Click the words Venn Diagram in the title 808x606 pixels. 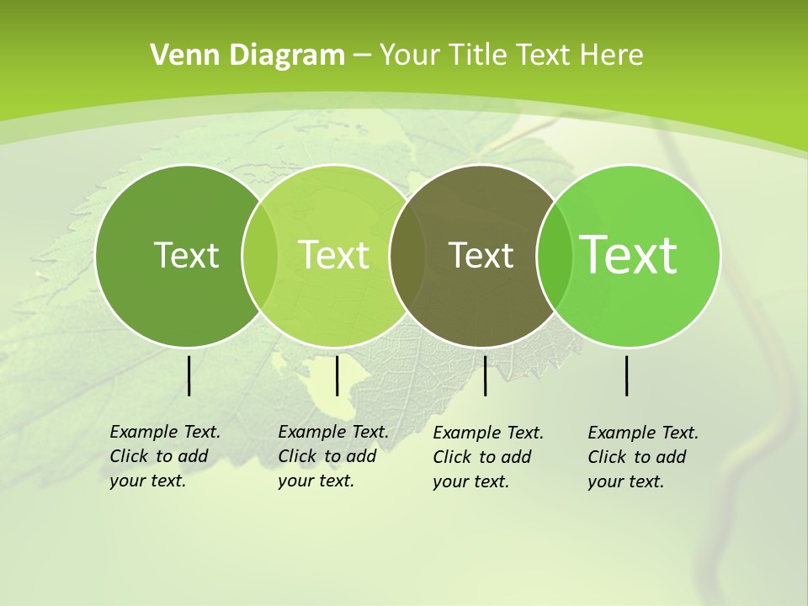coord(247,56)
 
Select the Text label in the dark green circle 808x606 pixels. coord(186,255)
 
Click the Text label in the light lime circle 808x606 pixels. coord(333,255)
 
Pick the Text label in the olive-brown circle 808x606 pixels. coord(481,255)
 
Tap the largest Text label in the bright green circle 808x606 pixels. coord(629,255)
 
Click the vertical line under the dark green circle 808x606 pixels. coord(189,375)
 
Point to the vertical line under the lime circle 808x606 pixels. coord(337,375)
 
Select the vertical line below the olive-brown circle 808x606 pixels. coord(485,375)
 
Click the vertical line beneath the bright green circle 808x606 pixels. coord(626,375)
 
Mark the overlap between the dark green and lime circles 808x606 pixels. coord(260,256)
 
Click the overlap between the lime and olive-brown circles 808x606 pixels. coord(407,256)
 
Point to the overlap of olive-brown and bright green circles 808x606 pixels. coord(553,256)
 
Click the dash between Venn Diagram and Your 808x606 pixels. coord(362,56)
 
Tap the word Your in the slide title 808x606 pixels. coord(411,56)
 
